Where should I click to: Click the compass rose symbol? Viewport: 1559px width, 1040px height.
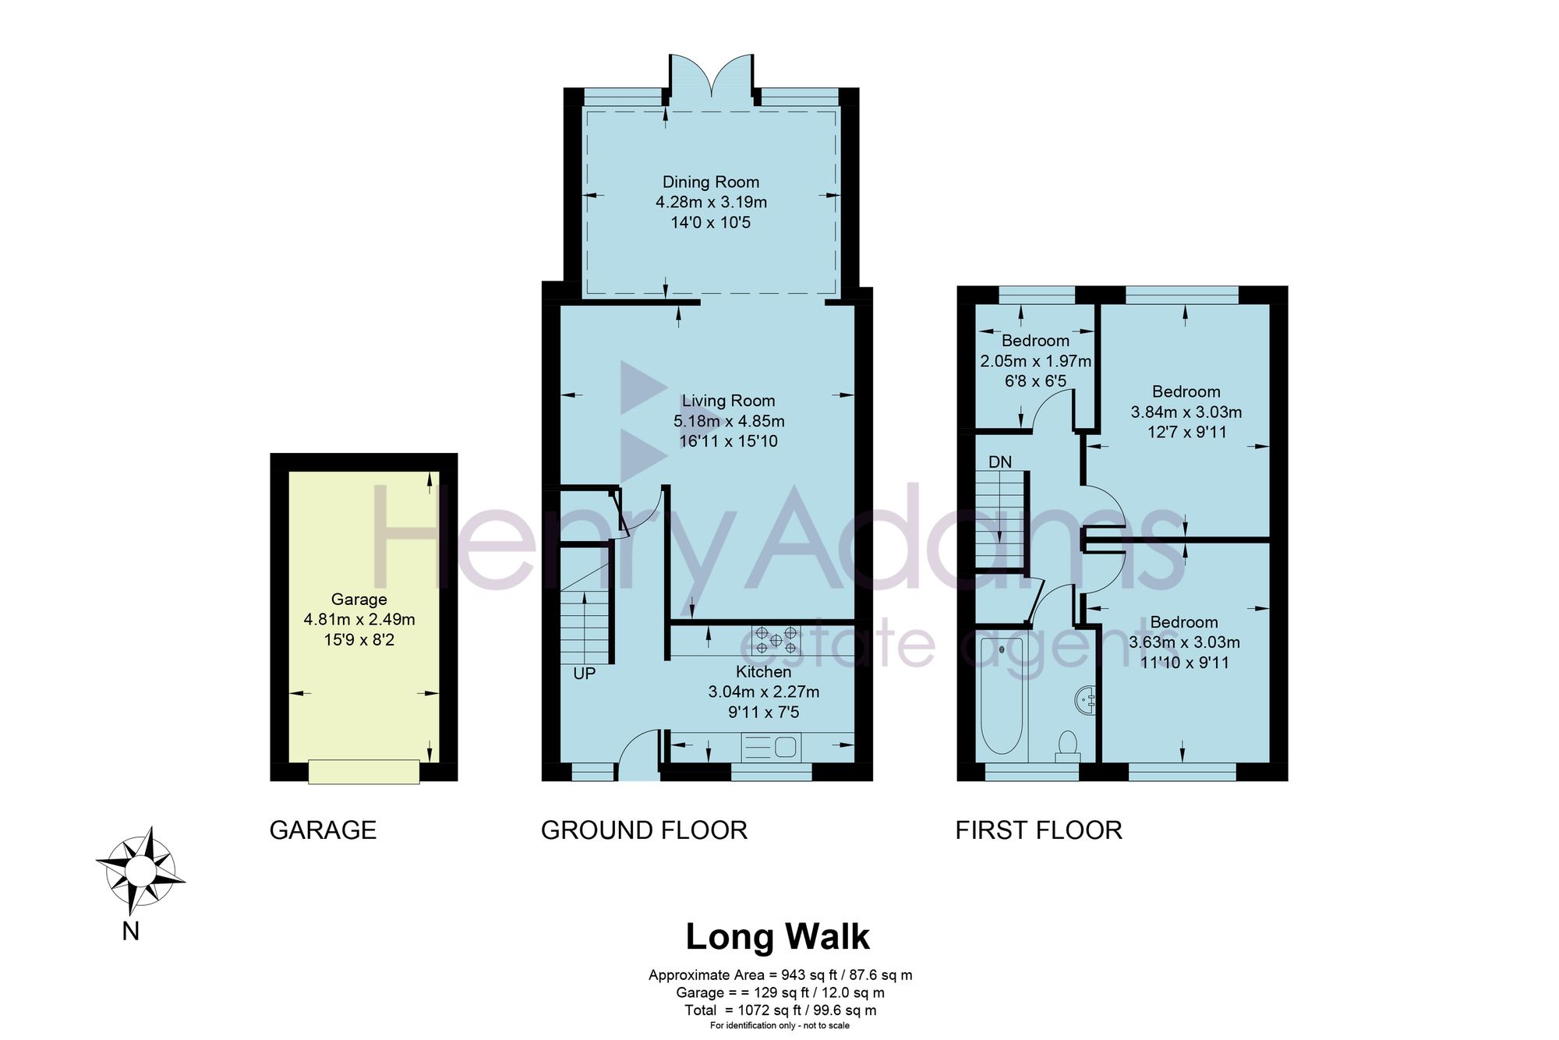click(140, 870)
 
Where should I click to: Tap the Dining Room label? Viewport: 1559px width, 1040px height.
click(711, 182)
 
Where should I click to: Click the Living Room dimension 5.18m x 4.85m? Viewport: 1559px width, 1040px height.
click(729, 421)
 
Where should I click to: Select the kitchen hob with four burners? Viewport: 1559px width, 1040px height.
click(776, 639)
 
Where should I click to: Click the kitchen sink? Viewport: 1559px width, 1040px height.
click(771, 748)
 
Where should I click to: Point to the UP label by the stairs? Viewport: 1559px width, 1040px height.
click(585, 674)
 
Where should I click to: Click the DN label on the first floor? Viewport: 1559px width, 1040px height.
click(1000, 462)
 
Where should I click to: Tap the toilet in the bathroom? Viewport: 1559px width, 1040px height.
click(1067, 746)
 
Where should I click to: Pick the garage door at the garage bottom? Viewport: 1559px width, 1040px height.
click(364, 772)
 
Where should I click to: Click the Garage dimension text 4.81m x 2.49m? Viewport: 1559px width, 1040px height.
click(359, 620)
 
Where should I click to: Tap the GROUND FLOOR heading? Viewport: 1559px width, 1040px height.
click(644, 830)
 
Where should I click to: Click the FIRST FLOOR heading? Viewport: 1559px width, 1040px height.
click(1039, 830)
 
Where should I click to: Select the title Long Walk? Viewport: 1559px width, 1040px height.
click(777, 937)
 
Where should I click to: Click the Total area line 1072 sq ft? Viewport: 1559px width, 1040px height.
click(780, 1010)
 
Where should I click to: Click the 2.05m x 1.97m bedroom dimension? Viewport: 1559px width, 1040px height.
click(1035, 361)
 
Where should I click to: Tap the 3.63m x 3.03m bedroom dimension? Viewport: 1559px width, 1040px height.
click(1184, 642)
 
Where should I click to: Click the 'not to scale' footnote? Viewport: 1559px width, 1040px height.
click(827, 1025)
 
